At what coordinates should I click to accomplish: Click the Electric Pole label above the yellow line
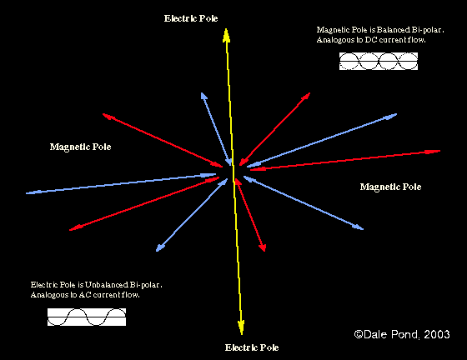pos(191,18)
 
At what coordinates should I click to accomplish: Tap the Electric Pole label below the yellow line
pos(252,347)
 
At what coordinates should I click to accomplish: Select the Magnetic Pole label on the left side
pos(80,147)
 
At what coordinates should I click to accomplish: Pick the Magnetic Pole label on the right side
pos(390,187)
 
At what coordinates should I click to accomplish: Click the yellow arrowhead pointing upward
pos(226,35)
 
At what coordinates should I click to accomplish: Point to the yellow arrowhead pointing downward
pos(241,327)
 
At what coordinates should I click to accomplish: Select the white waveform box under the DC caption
pos(379,62)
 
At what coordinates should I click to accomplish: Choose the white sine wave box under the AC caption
pos(87,317)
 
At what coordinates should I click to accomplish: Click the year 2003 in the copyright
pos(437,334)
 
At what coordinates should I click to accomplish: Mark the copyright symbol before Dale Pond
pos(359,334)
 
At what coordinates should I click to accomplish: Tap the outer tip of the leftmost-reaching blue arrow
pos(26,193)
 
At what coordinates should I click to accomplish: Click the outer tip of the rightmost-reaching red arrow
pos(440,151)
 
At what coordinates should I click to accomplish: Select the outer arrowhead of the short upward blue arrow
pos(203,96)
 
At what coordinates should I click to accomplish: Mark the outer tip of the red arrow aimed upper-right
pos(310,92)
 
